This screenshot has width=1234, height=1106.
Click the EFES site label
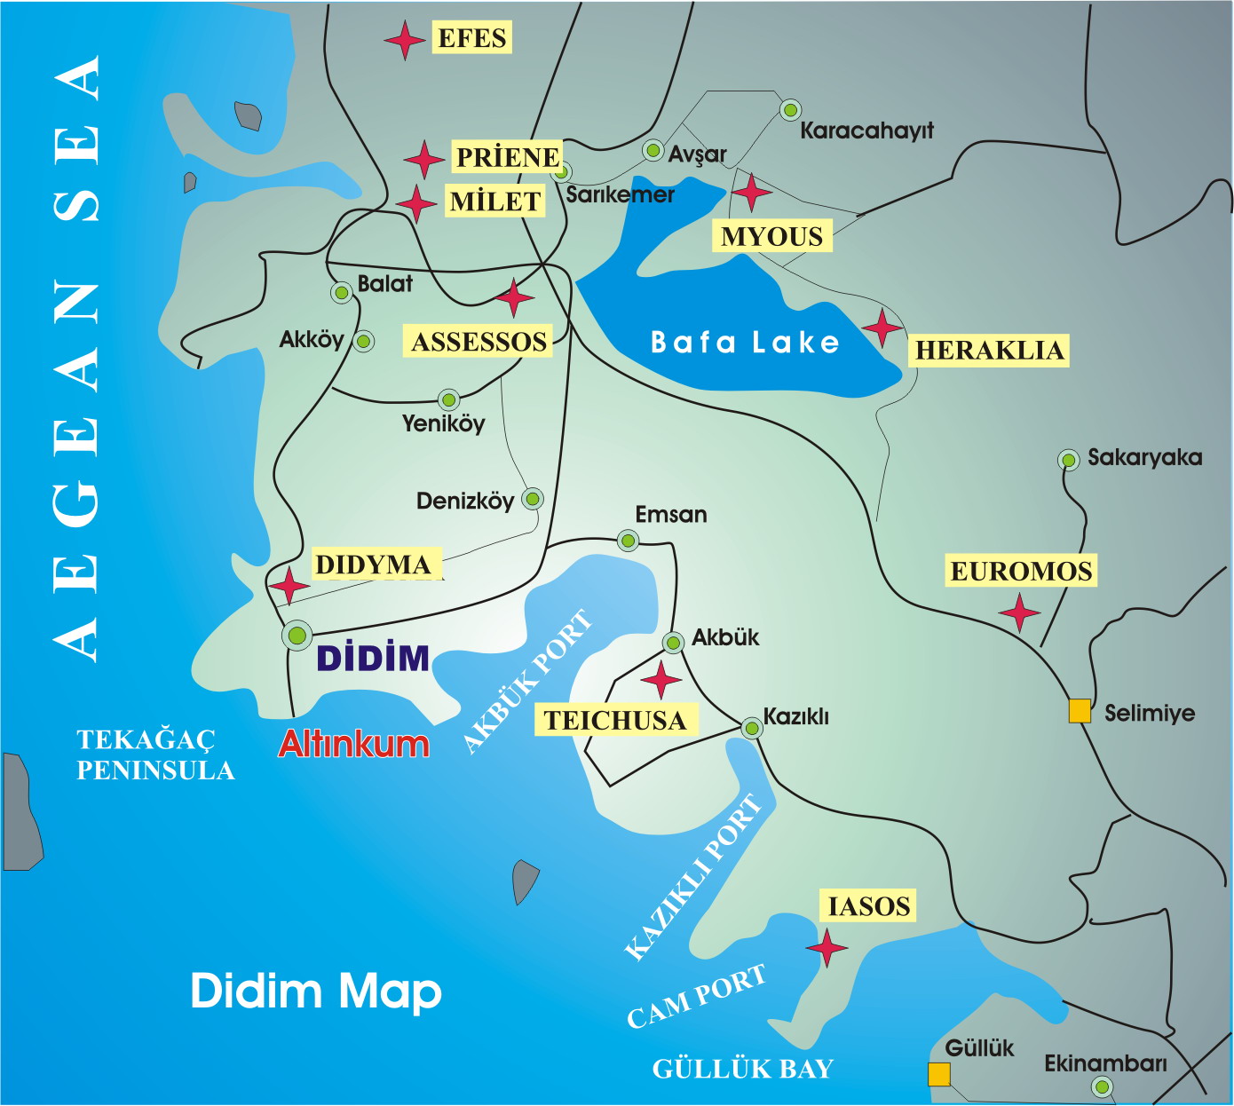[x=471, y=38]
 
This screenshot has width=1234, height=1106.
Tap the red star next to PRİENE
[x=424, y=160]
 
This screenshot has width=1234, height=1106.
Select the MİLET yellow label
[x=495, y=201]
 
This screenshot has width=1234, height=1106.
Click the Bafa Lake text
[x=745, y=343]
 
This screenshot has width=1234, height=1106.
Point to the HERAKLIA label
[x=989, y=350]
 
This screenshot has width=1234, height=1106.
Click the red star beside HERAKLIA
[x=882, y=328]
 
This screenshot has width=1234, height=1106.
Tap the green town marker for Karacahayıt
[x=790, y=110]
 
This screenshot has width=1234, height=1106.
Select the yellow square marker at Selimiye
[x=1080, y=711]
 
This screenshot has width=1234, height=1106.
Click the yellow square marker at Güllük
[x=939, y=1074]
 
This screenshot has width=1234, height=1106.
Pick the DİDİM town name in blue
[x=373, y=659]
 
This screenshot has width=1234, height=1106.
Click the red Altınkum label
[x=354, y=744]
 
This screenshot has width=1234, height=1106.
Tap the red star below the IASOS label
[x=827, y=948]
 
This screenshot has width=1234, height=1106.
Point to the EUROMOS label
[x=1021, y=571]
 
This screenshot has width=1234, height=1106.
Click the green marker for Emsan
[x=628, y=540]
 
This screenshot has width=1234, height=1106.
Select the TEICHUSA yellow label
[x=615, y=720]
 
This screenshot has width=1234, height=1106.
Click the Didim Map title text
[x=316, y=991]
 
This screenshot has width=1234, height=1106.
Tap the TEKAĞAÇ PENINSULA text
[x=155, y=755]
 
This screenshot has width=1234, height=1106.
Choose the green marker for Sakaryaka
[x=1069, y=460]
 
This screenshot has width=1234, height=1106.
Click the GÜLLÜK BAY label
[x=743, y=1069]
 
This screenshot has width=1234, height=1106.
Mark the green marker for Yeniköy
[x=449, y=399]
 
